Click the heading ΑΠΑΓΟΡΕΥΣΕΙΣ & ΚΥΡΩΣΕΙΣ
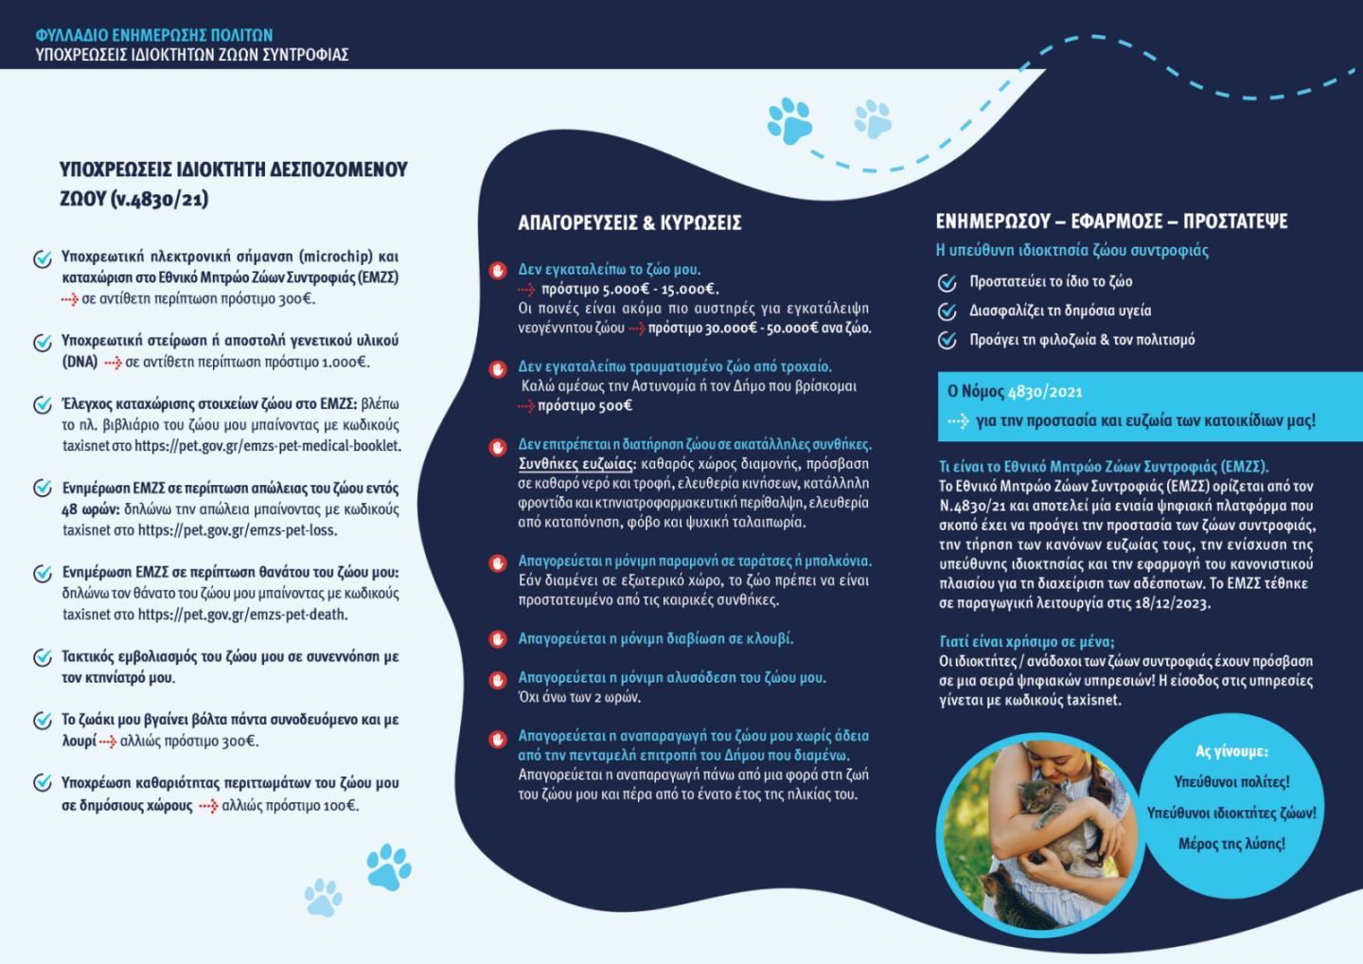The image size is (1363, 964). point(629,223)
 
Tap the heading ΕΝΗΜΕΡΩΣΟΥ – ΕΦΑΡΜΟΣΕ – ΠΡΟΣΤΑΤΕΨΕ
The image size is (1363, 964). point(1111,222)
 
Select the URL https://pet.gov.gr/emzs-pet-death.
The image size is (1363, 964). point(242,615)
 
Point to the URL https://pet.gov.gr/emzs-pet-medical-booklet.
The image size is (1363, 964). point(267,446)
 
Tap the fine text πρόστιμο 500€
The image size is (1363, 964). point(584,406)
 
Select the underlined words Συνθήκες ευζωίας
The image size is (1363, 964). point(576,464)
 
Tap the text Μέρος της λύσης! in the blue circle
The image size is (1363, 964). point(1231,844)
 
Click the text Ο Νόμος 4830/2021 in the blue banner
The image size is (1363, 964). point(1015,391)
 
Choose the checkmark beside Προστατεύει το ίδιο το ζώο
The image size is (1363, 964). point(947,282)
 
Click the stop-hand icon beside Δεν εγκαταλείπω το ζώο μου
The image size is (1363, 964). point(498,270)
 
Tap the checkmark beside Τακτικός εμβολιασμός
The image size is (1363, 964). point(43,657)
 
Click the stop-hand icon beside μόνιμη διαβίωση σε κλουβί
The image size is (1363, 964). point(498,639)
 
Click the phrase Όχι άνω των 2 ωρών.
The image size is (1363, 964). point(579,698)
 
